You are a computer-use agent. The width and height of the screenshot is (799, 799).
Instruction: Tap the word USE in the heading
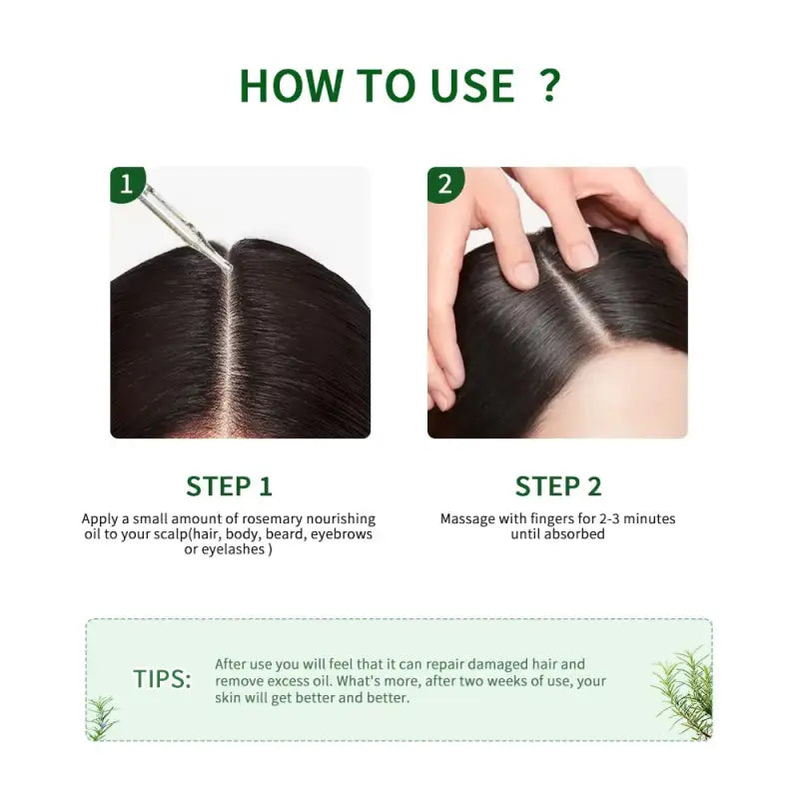pos(472,85)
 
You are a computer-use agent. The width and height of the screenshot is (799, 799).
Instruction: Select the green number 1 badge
pos(128,184)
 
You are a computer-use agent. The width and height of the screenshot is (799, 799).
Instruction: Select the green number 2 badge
pos(445,184)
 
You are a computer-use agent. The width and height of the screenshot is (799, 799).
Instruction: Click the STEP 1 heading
pos(229,486)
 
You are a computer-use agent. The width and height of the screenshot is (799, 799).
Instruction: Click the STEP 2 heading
pos(558,486)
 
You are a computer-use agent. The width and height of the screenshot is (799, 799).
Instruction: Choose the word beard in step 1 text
pos(285,534)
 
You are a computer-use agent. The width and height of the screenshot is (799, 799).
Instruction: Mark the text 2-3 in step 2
pos(610,518)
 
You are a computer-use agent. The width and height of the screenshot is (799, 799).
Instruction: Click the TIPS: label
pos(162,679)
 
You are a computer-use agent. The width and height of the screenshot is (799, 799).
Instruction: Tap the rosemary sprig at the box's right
pos(682,691)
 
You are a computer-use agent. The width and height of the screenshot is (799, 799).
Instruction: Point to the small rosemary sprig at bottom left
pos(102,719)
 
